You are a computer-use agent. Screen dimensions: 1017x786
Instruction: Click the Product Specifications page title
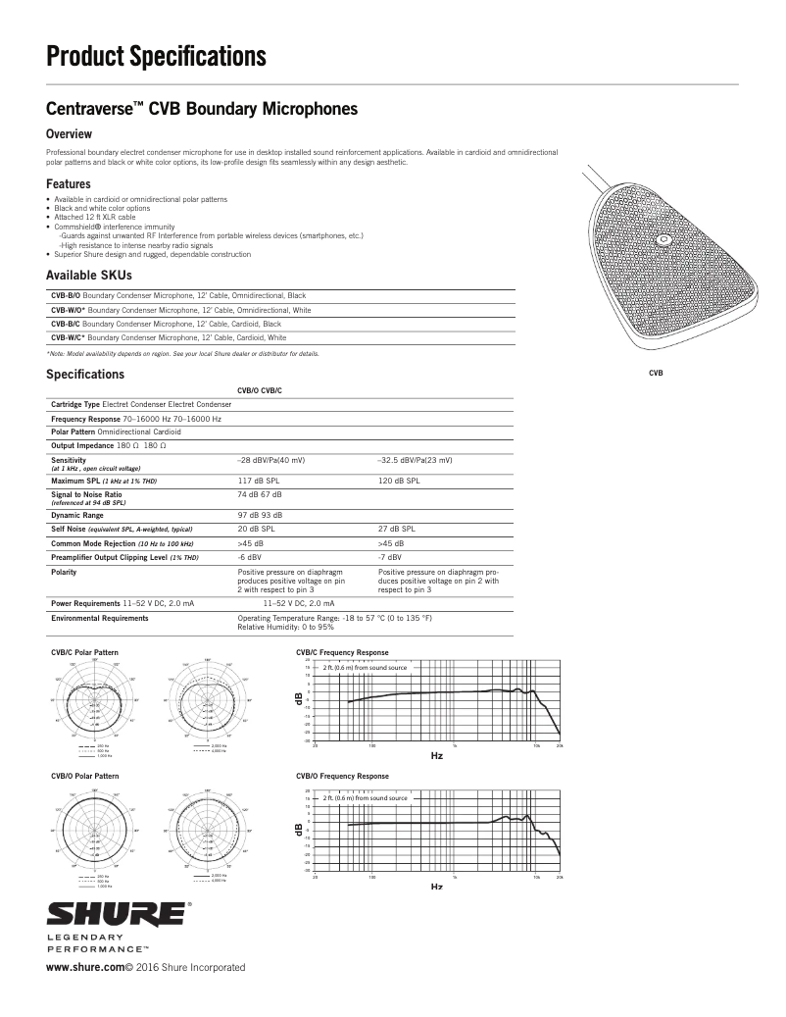156,57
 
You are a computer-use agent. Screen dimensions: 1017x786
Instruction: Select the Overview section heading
69,133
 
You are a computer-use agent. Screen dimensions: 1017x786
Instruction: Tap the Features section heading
69,183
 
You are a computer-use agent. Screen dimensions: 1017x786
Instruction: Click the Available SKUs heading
88,276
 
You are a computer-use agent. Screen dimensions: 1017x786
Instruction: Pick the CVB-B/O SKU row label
66,295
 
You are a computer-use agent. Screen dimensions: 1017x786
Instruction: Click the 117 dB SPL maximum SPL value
259,481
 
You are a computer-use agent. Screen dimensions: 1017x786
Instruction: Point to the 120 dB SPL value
399,481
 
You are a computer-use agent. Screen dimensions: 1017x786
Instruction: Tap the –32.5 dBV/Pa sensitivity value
415,460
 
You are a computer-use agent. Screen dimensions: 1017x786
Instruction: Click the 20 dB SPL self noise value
256,529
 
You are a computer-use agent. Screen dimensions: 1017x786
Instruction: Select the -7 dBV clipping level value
390,557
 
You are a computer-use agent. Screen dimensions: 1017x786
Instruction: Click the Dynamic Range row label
76,515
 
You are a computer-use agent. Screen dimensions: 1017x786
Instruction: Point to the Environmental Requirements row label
99,619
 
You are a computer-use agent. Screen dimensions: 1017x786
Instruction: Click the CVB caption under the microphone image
656,373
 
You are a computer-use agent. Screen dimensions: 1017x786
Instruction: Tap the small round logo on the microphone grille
663,238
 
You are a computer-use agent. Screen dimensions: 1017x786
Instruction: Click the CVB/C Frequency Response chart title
342,652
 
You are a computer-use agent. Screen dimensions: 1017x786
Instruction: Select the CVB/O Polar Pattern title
84,776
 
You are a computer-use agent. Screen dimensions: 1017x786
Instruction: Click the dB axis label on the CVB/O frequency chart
300,830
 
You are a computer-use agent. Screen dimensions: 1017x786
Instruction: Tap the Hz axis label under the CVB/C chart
437,756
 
